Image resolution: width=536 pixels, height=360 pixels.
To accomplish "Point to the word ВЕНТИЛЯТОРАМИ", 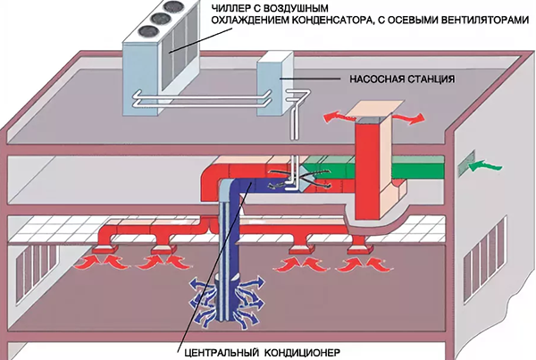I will tap(482, 24).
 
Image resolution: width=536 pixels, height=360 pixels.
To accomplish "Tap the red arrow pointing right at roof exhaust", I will tap(408, 116).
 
